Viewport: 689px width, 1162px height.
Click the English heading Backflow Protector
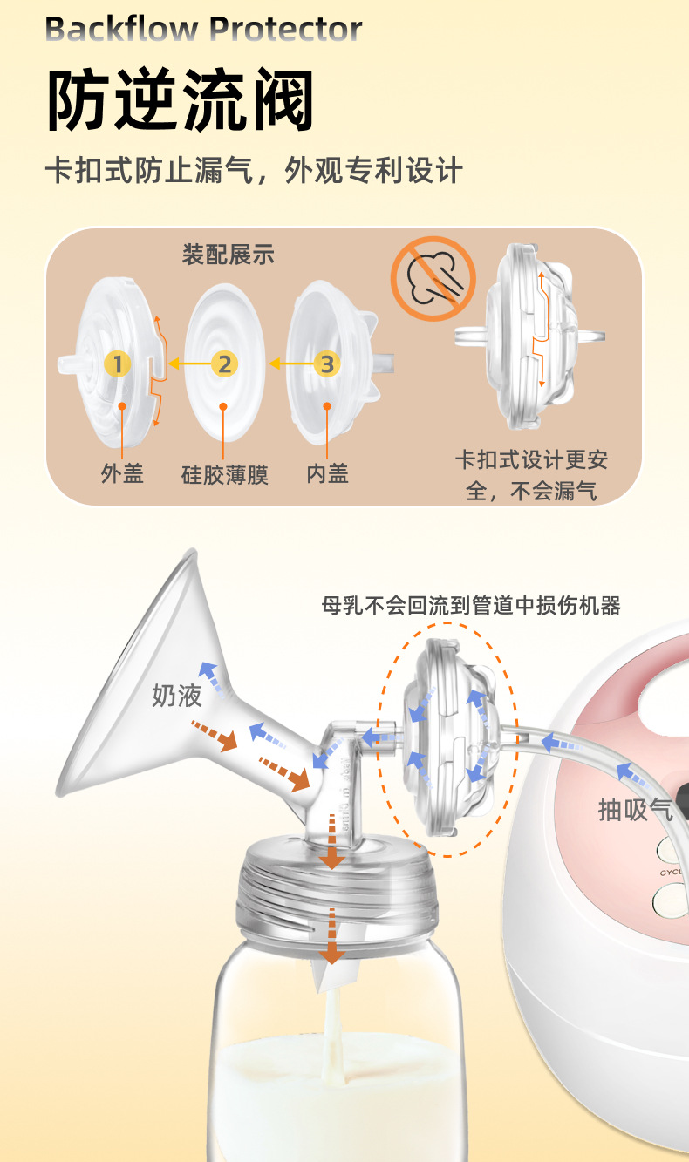coord(202,30)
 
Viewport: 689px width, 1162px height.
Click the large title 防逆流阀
coord(180,102)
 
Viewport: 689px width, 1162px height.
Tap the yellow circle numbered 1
coord(118,364)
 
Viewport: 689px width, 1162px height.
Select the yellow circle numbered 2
coord(224,364)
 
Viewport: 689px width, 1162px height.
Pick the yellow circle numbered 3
coord(327,364)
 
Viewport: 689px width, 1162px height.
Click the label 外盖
coord(122,473)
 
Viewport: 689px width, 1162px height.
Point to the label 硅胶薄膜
coord(224,475)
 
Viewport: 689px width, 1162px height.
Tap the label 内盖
coord(327,473)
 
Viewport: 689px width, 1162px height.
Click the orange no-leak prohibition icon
coord(433,278)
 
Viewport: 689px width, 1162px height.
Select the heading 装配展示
coord(228,255)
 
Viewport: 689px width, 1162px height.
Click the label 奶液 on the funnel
coord(177,695)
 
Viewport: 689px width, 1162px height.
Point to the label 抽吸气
coord(636,809)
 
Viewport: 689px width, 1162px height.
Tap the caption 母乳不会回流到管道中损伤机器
coord(471,606)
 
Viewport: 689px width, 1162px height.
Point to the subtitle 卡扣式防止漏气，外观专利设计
coord(253,171)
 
